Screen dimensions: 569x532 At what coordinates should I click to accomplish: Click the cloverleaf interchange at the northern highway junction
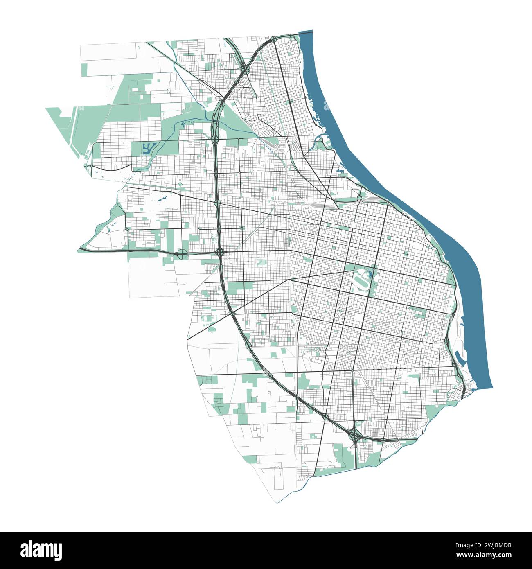(x=244, y=71)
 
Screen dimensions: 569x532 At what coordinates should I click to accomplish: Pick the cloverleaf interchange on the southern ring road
(x=354, y=436)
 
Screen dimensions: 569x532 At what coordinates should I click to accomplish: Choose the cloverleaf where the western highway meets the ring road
(x=220, y=251)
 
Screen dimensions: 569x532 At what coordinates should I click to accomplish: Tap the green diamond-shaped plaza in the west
(x=180, y=186)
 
